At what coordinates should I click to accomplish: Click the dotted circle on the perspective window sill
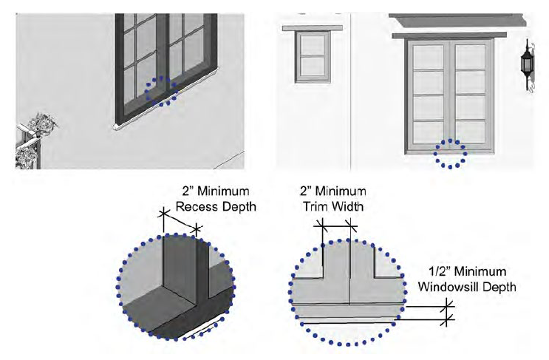(x=161, y=92)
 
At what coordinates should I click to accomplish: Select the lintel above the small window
(x=314, y=28)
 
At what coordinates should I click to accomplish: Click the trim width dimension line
(x=338, y=225)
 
